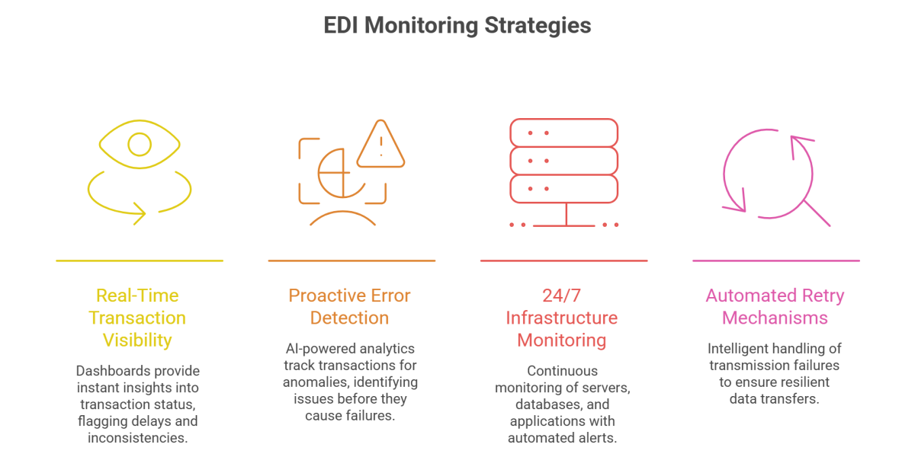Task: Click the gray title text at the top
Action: [457, 32]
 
